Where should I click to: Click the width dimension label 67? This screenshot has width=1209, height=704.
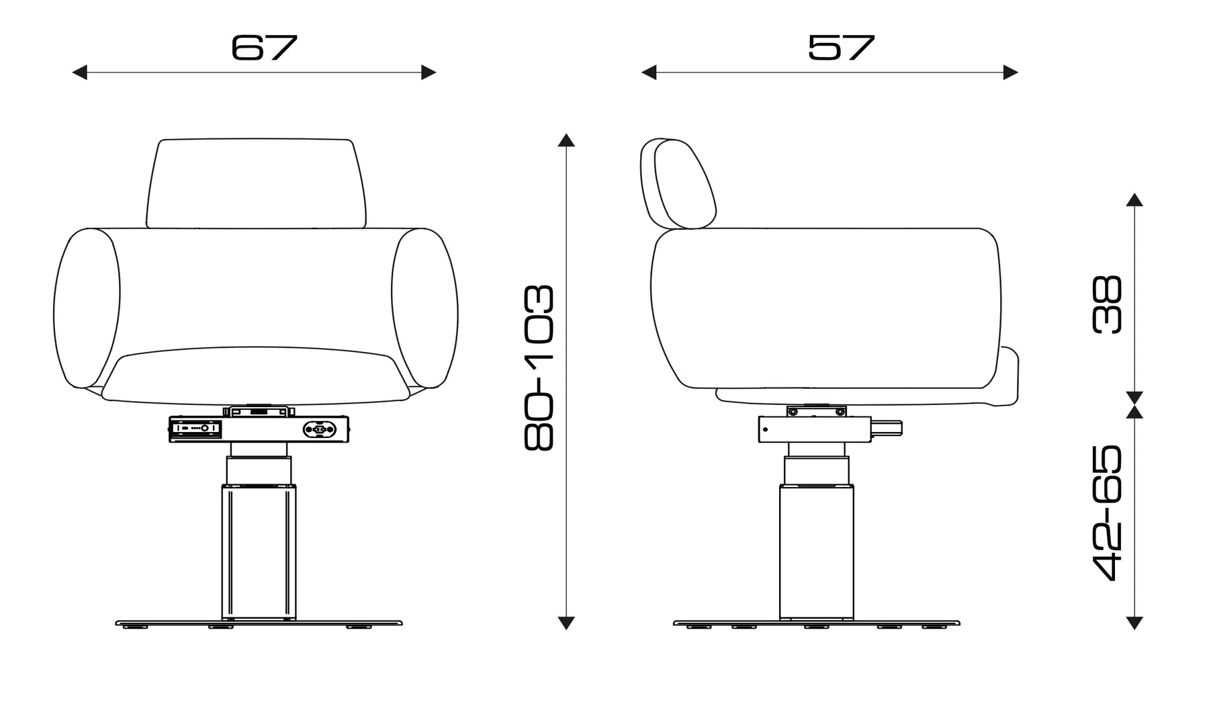pyautogui.click(x=264, y=47)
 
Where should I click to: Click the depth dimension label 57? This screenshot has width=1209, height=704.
pyautogui.click(x=842, y=47)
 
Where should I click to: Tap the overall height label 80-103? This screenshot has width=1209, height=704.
pyautogui.click(x=539, y=367)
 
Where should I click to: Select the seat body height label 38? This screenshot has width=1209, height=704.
pyautogui.click(x=1108, y=304)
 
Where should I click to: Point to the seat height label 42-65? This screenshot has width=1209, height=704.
pyautogui.click(x=1108, y=512)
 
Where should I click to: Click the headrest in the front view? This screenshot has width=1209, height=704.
pyautogui.click(x=257, y=183)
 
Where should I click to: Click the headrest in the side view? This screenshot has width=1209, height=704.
pyautogui.click(x=678, y=183)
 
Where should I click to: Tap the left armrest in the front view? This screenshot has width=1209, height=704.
pyautogui.click(x=87, y=309)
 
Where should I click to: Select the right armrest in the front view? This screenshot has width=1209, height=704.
pyautogui.click(x=425, y=309)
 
